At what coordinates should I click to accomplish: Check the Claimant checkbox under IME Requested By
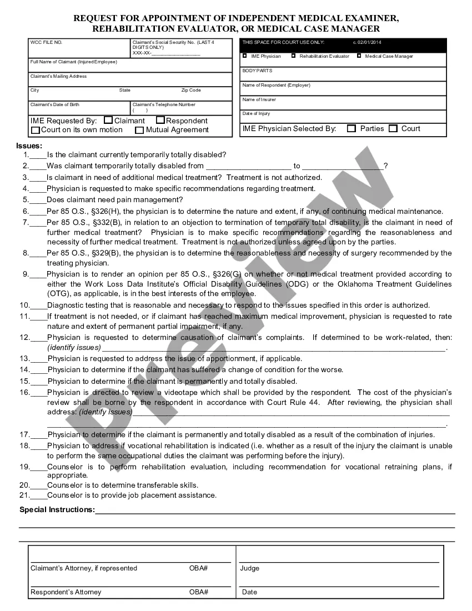click(108, 120)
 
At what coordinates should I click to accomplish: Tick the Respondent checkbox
click(160, 120)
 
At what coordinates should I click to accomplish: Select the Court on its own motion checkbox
click(36, 130)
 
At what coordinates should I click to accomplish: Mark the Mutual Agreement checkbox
click(139, 130)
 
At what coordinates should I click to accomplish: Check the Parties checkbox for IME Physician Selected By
click(352, 128)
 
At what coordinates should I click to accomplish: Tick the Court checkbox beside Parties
click(393, 128)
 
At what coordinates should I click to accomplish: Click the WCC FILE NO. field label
click(47, 42)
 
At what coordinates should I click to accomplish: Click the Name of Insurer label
click(259, 99)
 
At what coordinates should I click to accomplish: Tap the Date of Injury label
click(256, 113)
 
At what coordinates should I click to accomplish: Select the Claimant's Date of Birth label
click(54, 104)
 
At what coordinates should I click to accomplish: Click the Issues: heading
click(29, 146)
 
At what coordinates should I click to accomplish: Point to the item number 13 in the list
click(25, 359)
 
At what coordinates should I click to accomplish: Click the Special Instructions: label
click(57, 509)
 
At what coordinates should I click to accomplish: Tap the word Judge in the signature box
click(250, 568)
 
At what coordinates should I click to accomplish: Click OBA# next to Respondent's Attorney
click(198, 592)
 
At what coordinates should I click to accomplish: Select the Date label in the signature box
click(249, 592)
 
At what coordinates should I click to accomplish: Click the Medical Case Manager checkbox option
click(359, 56)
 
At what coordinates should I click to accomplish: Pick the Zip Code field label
click(191, 90)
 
